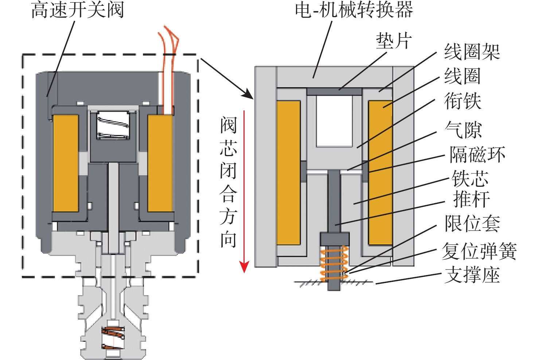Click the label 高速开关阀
[x=77, y=10]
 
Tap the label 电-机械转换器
[x=354, y=10]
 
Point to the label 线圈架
[x=472, y=52]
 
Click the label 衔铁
[x=463, y=101]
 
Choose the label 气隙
[x=463, y=129]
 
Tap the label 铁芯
[x=470, y=178]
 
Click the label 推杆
[x=471, y=199]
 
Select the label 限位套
[x=472, y=223]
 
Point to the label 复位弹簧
[x=479, y=251]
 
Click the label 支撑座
[x=472, y=275]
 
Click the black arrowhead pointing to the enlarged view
[x=247, y=94]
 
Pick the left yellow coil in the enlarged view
[x=288, y=172]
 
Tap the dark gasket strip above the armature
[x=334, y=92]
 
